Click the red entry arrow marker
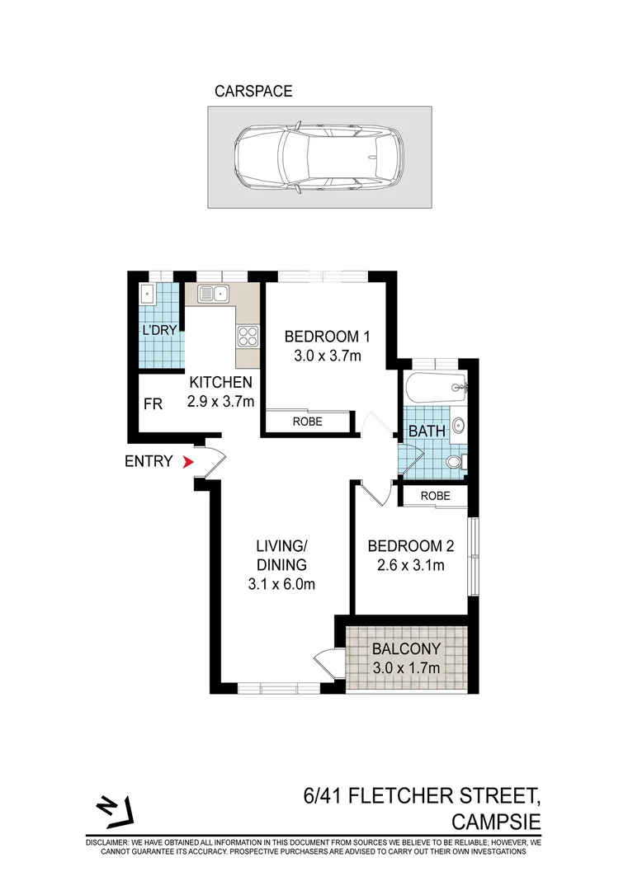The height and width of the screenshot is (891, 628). click(188, 462)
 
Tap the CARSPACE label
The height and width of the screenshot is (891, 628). click(253, 92)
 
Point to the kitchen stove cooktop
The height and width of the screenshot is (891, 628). click(248, 336)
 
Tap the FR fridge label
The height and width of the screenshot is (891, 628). click(152, 404)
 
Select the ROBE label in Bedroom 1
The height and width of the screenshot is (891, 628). click(308, 422)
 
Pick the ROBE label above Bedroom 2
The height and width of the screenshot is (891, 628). click(435, 496)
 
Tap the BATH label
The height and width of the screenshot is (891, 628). click(427, 431)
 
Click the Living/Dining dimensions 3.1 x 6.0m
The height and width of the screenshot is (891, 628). click(281, 584)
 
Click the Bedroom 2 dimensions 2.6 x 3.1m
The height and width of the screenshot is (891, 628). click(406, 565)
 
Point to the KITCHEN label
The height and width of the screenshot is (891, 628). click(220, 383)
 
